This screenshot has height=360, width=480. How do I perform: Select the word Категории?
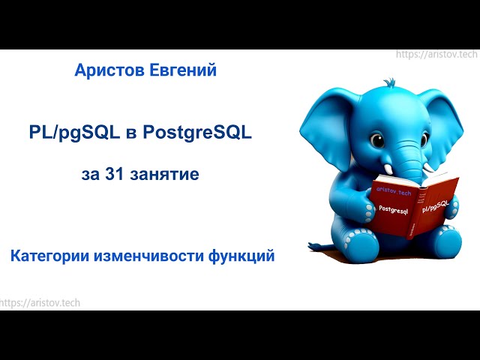pyautogui.click(x=49, y=256)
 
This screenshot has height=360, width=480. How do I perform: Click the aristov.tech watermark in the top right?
pyautogui.click(x=436, y=55)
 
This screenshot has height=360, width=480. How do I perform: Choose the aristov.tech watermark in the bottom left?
pyautogui.click(x=40, y=302)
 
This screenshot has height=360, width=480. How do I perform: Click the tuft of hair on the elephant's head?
pyautogui.click(x=388, y=82)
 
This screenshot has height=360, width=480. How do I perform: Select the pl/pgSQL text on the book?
pyautogui.click(x=436, y=206)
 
